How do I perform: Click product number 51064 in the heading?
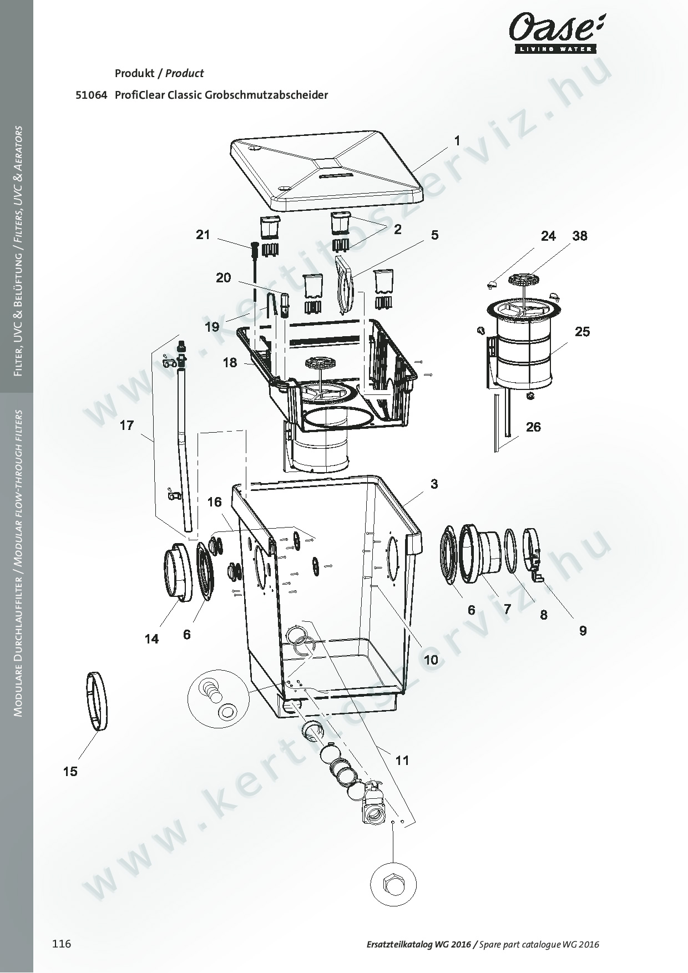[x=91, y=95]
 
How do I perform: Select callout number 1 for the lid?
[x=457, y=141]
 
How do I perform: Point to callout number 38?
[x=580, y=236]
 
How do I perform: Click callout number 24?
[x=548, y=236]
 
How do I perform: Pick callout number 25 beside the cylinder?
[x=582, y=332]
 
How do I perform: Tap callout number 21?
[x=203, y=235]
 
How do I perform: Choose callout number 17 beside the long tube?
[x=127, y=425]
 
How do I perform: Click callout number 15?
[x=70, y=771]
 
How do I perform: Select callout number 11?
[x=402, y=760]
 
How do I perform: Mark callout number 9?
[x=583, y=631]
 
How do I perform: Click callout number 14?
[x=151, y=639]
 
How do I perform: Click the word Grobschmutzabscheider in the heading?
[x=266, y=95]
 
